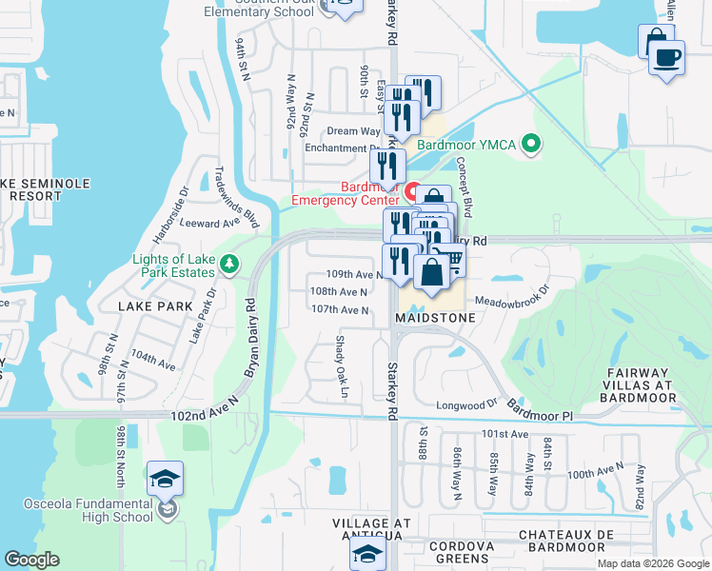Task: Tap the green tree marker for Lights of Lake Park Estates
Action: click(228, 263)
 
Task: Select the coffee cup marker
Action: click(666, 57)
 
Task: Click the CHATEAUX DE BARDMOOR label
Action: click(561, 541)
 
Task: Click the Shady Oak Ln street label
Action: click(338, 365)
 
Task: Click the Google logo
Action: click(31, 560)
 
